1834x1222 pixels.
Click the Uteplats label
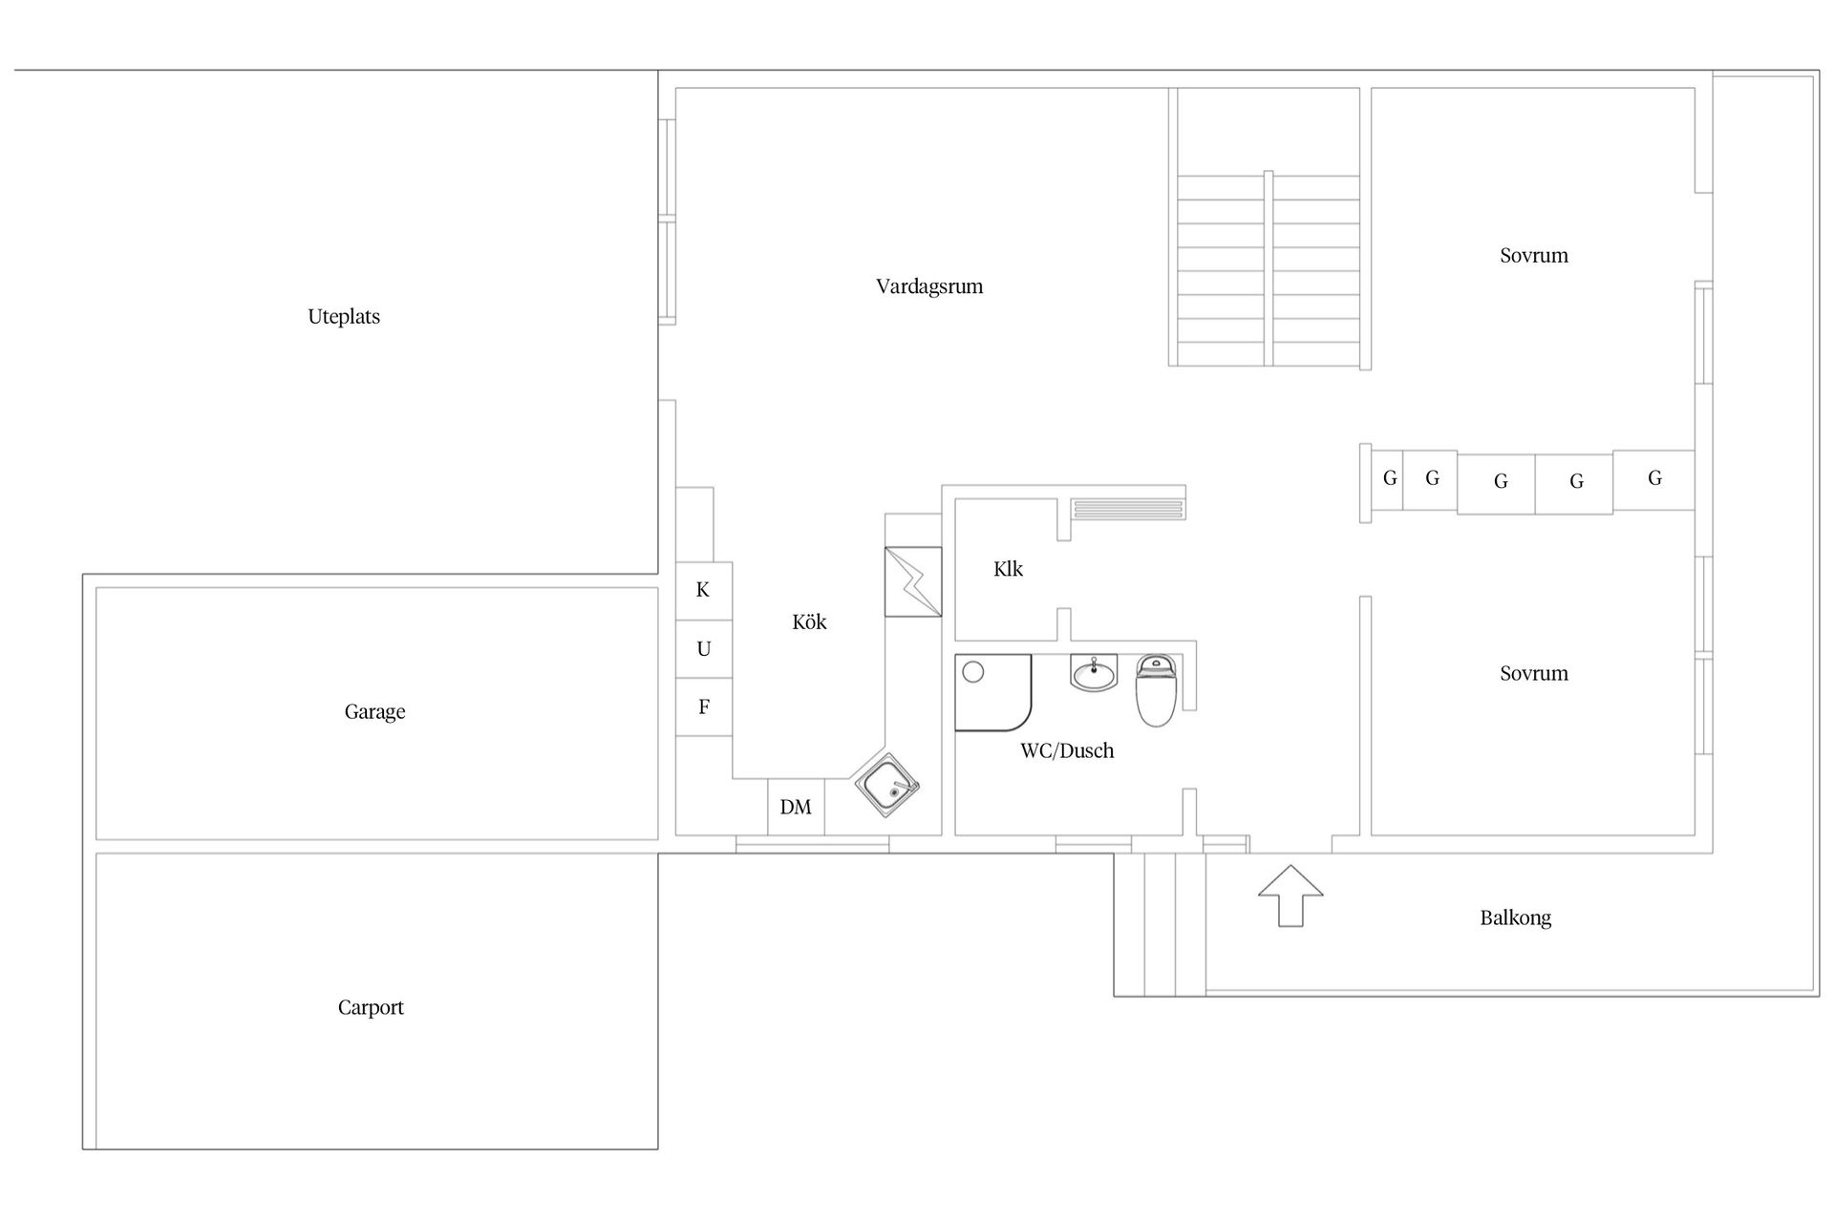[x=344, y=317]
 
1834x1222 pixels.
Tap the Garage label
[x=374, y=712]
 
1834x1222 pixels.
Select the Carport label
[x=371, y=1008]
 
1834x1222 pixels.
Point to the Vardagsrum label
[x=929, y=286]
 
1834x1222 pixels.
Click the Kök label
[x=809, y=622]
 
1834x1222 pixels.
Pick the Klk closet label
[x=1008, y=570]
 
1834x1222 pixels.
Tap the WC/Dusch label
[x=1067, y=751]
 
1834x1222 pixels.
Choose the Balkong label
[x=1515, y=918]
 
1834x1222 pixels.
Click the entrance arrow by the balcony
[x=1290, y=895]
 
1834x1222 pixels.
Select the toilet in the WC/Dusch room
[x=1156, y=691]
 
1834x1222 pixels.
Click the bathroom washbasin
[x=1094, y=674]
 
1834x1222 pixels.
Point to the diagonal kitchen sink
[x=887, y=786]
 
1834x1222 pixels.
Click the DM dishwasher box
[x=796, y=808]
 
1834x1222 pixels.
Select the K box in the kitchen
[x=704, y=591]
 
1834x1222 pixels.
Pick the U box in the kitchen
[x=704, y=649]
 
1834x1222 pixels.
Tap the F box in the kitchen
[x=704, y=707]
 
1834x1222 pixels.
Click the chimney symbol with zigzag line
[x=913, y=581]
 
